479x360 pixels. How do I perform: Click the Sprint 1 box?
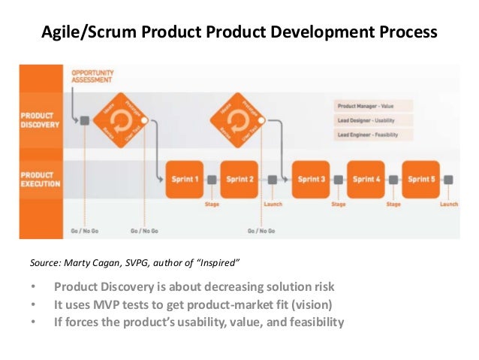[x=184, y=180]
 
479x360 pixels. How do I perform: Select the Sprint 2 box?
[x=240, y=180]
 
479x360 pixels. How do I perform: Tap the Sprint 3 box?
[x=311, y=180]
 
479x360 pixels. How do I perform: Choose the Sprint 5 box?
[x=420, y=180]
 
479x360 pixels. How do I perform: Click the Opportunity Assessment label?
[x=93, y=77]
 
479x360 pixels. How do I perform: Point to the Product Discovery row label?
[x=39, y=120]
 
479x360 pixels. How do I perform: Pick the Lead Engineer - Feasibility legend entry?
[x=368, y=135]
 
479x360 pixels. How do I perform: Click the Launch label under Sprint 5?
[x=448, y=203]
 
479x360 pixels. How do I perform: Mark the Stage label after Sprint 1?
[x=212, y=203]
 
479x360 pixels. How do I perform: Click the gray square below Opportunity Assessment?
[x=85, y=120]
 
